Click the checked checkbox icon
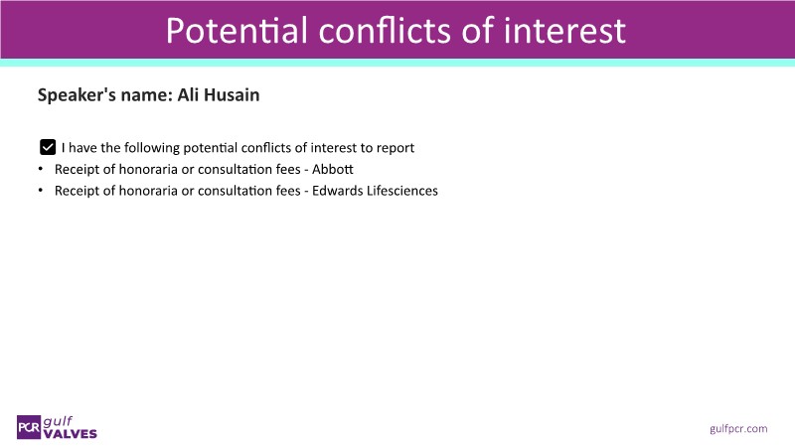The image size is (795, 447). coord(48,147)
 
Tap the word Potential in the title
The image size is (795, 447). coord(237,31)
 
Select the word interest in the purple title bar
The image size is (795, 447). coord(564,31)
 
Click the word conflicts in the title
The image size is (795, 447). coord(386,31)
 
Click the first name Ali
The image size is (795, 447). coord(188,94)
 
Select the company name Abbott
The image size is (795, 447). coord(333,169)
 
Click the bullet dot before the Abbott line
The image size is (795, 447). coord(41,169)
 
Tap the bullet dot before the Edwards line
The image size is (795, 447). coord(41,190)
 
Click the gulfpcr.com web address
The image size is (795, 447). coord(738,429)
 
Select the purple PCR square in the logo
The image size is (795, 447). coord(29,427)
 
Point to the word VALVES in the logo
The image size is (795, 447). coord(70,434)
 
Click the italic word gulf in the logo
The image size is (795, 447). coord(58,421)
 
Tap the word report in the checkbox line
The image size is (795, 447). coord(395,148)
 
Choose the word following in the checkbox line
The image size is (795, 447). coord(152,148)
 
